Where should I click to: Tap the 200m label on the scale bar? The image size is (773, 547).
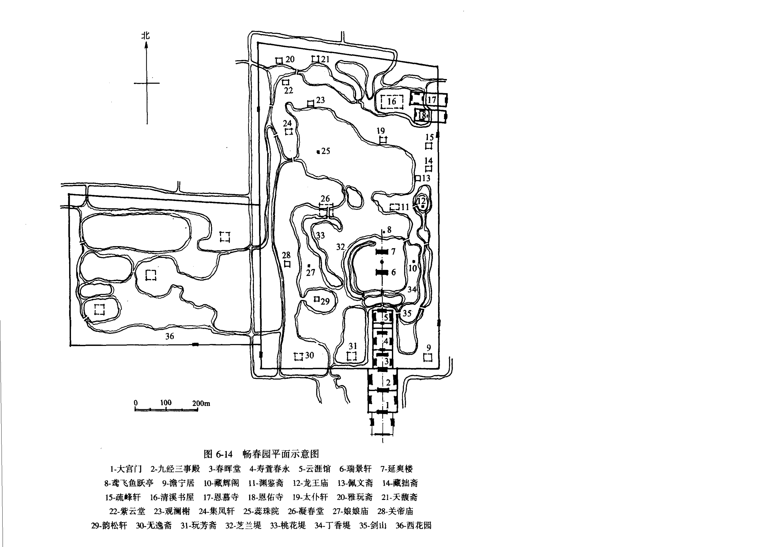click(x=201, y=403)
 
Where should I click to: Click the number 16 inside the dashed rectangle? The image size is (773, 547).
click(x=392, y=101)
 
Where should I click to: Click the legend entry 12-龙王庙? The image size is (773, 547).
click(x=310, y=483)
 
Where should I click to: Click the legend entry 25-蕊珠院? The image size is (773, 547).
click(x=261, y=511)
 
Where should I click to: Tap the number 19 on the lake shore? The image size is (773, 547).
click(x=381, y=131)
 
